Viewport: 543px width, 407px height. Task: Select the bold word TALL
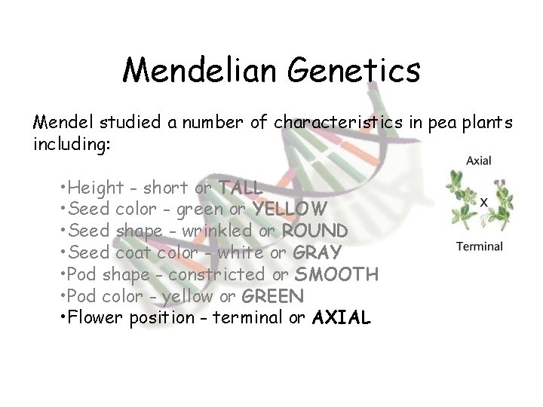(x=240, y=186)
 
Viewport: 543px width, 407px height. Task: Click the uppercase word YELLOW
(x=290, y=208)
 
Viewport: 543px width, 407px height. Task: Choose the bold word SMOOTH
(x=336, y=274)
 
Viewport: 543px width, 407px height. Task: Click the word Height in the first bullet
(x=92, y=186)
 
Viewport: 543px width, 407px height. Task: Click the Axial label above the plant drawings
(x=480, y=160)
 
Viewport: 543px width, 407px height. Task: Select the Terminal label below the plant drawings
(x=480, y=246)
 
